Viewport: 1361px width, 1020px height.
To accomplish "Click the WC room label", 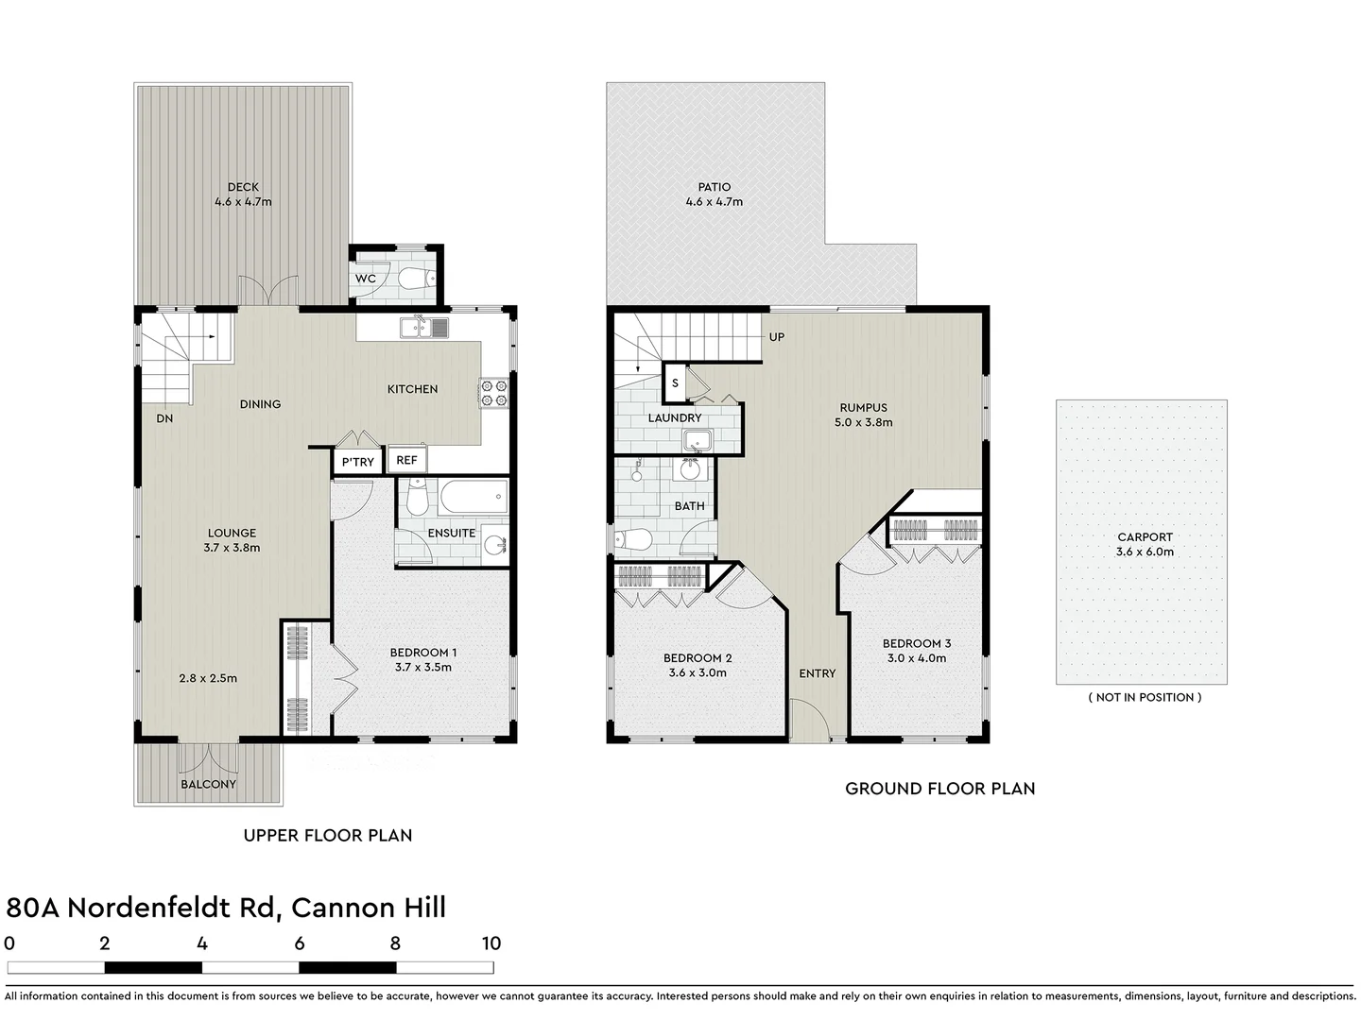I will coord(366,279).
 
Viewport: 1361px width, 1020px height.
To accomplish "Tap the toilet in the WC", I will coord(417,278).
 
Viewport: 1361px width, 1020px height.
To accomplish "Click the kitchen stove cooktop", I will coord(492,393).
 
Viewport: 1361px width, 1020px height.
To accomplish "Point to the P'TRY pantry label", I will coord(357,462).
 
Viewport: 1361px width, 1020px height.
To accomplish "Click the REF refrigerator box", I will coord(406,460).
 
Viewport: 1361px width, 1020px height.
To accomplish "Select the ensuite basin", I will coord(494,544).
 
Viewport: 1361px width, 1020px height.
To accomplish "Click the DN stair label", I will coord(164,417).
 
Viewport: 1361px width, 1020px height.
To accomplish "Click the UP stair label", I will coord(776,337).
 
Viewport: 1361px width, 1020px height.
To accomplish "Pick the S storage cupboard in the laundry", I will coord(674,383).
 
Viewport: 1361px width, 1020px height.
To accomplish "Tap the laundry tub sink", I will coord(698,440).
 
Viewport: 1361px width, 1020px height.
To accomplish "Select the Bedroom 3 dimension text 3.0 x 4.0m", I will coord(916,658).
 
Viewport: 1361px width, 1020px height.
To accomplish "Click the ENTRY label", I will coord(817,673).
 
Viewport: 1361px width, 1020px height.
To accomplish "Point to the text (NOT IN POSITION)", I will coord(1145,697).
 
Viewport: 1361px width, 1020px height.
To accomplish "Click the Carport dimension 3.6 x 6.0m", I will coord(1145,552).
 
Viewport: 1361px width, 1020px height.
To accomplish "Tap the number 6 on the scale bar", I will coord(299,943).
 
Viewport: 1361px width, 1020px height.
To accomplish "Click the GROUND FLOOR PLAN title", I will coord(939,789).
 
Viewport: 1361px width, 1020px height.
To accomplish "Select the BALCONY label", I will coord(208,784).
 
